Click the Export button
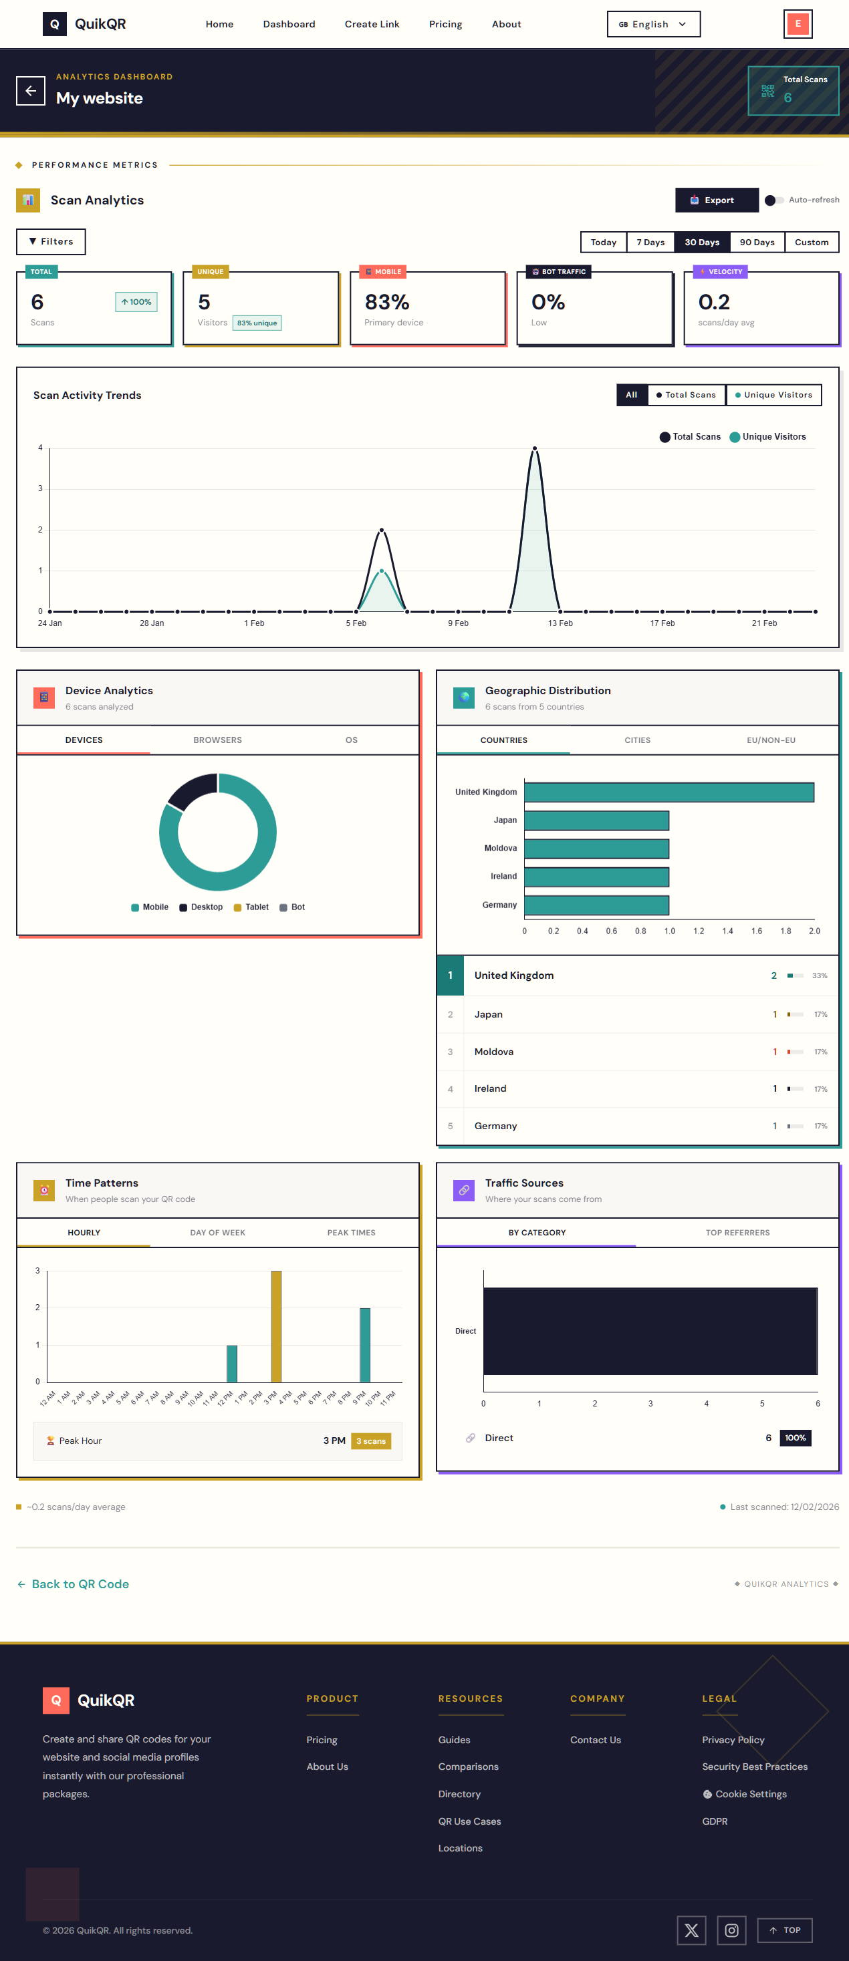[x=717, y=200]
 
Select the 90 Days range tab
[x=756, y=242]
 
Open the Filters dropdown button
[x=51, y=241]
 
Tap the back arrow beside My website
[x=31, y=91]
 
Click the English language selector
[x=652, y=24]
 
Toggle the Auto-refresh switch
[x=773, y=200]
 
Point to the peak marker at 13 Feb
[x=535, y=448]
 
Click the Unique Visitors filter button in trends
[x=773, y=395]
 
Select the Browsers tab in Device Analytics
[x=217, y=740]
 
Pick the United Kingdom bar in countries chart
[x=668, y=792]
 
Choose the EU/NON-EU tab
[x=770, y=740]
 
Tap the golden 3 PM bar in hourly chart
[x=276, y=1326]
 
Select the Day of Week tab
[x=217, y=1233]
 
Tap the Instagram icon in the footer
[x=731, y=1930]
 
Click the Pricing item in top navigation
[x=445, y=24]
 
